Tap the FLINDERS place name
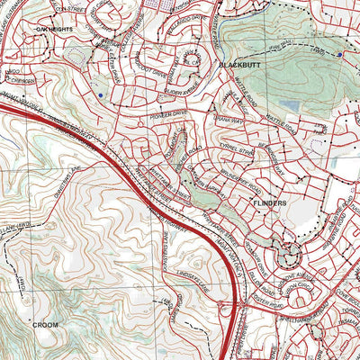[269, 203]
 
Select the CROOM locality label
[45, 323]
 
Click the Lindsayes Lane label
[181, 269]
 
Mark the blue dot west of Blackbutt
[103, 94]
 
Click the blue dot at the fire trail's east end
[339, 54]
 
